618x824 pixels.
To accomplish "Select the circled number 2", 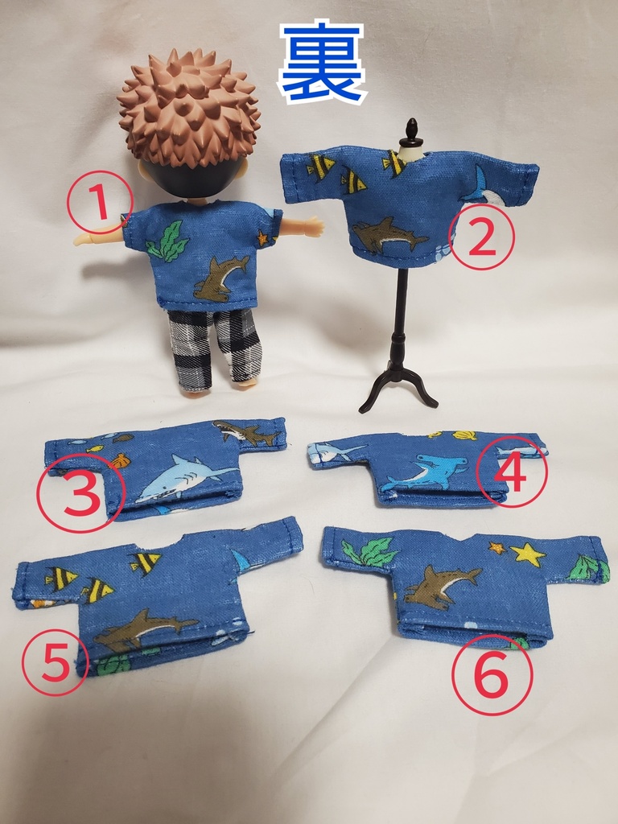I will click(x=481, y=237).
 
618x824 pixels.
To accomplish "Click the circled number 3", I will click(x=80, y=492).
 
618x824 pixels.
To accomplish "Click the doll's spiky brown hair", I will click(x=189, y=105).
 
